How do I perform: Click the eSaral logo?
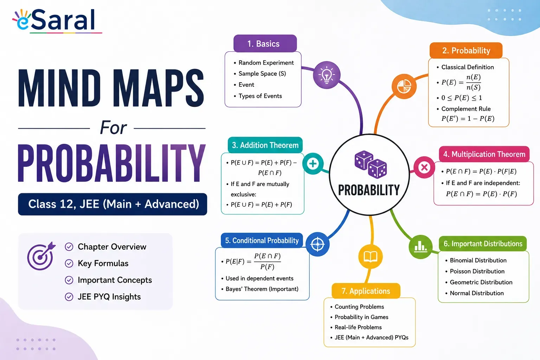pos(57,21)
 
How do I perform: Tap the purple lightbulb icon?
pos(327,75)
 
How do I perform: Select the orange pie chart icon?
pos(404,86)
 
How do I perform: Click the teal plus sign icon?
pos(313,164)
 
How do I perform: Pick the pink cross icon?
pos(424,167)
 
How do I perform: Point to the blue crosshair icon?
pos(317,244)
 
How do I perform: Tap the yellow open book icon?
pos(370,256)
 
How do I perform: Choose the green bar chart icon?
pos(421,247)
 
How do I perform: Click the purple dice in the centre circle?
pos(371,165)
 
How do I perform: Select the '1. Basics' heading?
pos(265,44)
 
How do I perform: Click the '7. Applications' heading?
pos(366,291)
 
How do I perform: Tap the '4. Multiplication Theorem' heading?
pos(484,154)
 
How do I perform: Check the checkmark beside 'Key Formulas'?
pos(69,263)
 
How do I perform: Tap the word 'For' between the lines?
pos(113,128)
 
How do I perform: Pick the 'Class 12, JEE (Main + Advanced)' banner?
pos(112,204)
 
